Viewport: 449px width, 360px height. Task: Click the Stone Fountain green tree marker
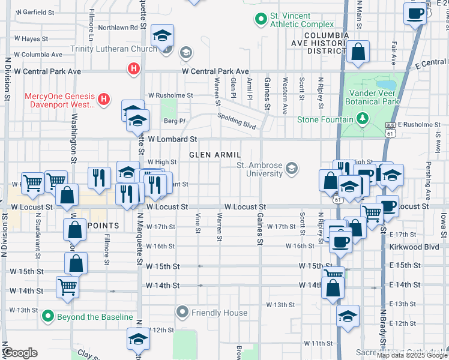(362, 119)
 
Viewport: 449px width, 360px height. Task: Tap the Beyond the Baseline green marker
(47, 316)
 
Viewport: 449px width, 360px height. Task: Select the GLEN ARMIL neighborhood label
(215, 155)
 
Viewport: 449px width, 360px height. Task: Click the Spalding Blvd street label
(237, 122)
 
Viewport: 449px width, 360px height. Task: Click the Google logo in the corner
(20, 353)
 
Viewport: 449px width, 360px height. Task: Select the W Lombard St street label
(172, 139)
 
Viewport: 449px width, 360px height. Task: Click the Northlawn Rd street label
(118, 28)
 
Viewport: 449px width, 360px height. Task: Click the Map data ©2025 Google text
(412, 355)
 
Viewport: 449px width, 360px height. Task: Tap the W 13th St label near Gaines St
(281, 305)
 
